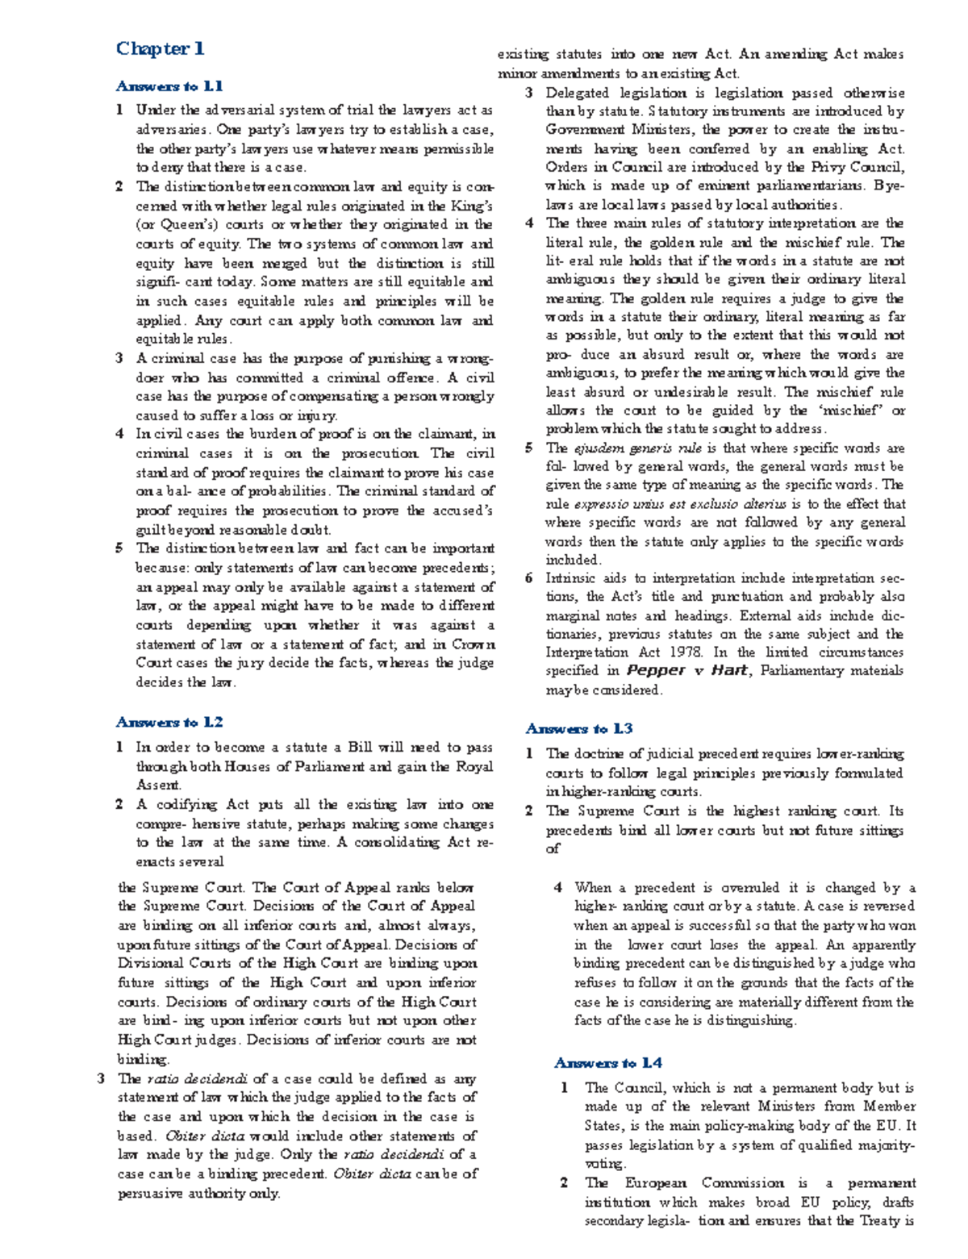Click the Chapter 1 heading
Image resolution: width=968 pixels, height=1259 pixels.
tap(160, 48)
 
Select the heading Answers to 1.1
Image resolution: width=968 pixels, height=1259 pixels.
tap(169, 86)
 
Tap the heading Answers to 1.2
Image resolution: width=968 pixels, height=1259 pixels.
tap(169, 722)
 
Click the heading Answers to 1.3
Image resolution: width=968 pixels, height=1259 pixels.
tap(578, 728)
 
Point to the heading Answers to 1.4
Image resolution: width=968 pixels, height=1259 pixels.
tap(607, 1062)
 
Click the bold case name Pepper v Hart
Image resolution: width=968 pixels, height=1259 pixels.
tap(686, 671)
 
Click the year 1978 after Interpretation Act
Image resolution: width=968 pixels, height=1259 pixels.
tap(689, 652)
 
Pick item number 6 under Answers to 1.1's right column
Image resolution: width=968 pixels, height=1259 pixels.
tap(529, 578)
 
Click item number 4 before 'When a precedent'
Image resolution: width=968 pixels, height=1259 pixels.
tap(558, 887)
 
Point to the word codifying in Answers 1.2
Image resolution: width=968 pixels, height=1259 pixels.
tap(189, 804)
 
